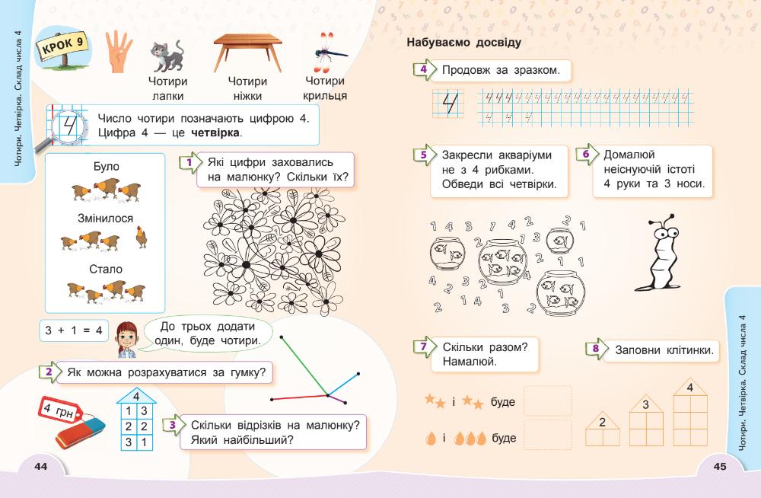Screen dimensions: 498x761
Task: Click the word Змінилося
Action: [105, 219]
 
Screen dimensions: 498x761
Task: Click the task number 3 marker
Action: [174, 425]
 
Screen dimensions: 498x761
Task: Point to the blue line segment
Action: [343, 385]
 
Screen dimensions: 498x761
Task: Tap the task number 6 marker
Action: [584, 154]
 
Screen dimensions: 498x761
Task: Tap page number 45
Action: [719, 467]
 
